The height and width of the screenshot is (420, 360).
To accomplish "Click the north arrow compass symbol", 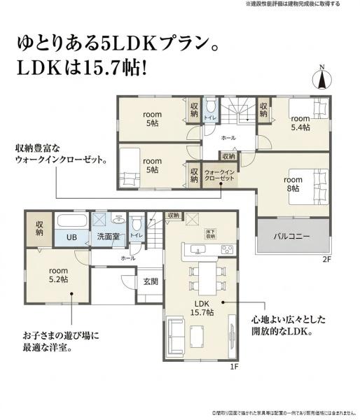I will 321,78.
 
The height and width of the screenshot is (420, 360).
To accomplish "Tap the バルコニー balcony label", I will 291,237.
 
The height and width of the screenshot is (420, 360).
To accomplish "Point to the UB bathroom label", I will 71,237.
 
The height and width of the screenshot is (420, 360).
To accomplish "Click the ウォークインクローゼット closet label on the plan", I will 219,175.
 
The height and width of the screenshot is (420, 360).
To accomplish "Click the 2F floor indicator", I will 326,260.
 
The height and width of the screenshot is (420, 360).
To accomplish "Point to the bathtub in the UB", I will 71,220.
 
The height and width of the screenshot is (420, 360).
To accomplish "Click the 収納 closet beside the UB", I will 39,227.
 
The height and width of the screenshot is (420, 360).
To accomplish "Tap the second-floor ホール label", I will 228,138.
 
